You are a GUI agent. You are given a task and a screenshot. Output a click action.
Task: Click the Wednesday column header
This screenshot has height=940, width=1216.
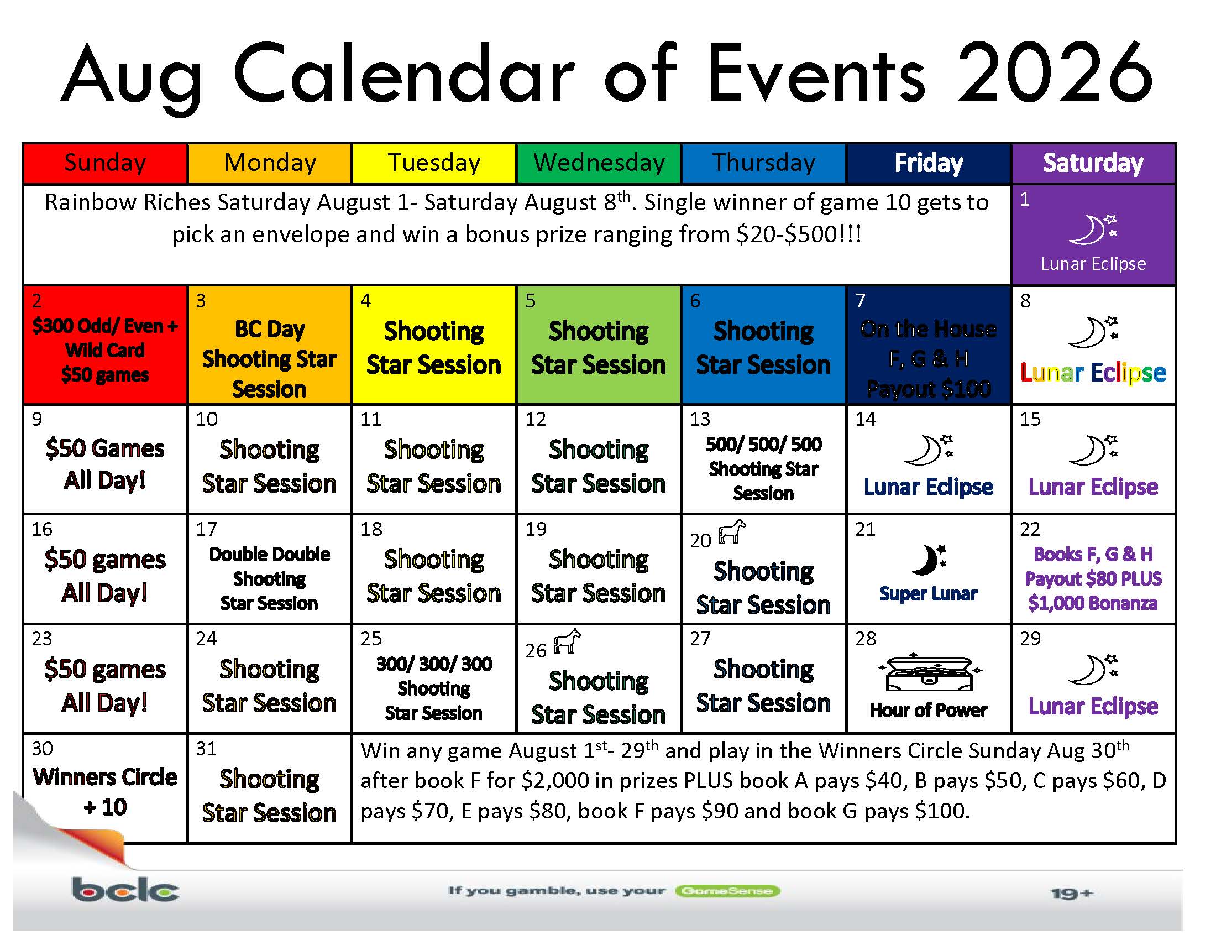click(599, 163)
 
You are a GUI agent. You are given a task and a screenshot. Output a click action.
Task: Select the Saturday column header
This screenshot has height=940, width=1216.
click(1093, 163)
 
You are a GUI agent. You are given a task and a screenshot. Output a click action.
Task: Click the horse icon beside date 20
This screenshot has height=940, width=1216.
click(732, 532)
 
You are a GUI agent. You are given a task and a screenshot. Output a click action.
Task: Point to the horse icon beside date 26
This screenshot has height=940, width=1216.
click(567, 641)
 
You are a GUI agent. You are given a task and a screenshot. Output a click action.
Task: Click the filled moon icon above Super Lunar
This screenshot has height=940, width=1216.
click(929, 560)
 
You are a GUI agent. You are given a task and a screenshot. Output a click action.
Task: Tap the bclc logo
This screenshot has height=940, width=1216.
click(125, 889)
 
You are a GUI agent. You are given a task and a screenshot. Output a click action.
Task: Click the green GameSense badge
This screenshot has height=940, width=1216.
click(727, 891)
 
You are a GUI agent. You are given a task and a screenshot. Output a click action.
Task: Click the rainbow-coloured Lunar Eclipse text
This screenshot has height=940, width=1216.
click(1093, 372)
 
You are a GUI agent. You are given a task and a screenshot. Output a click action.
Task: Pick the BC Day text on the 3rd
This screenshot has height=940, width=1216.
click(270, 329)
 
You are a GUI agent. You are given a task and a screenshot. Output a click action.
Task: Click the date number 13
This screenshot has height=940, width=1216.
click(700, 419)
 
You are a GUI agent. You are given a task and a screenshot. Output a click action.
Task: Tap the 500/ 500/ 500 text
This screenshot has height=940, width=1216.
click(763, 445)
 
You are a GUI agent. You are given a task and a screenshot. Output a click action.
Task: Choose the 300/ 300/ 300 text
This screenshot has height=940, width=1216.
click(434, 664)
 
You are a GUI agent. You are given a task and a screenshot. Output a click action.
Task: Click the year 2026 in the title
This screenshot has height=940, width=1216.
click(1054, 74)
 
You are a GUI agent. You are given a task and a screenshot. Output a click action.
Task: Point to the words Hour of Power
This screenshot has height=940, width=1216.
click(929, 710)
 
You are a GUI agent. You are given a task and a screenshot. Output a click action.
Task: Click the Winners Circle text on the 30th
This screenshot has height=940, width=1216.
click(104, 777)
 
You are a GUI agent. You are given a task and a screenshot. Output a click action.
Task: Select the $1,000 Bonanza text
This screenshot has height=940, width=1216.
click(1093, 603)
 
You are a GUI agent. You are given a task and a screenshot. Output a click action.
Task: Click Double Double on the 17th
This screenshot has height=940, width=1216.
click(270, 554)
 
